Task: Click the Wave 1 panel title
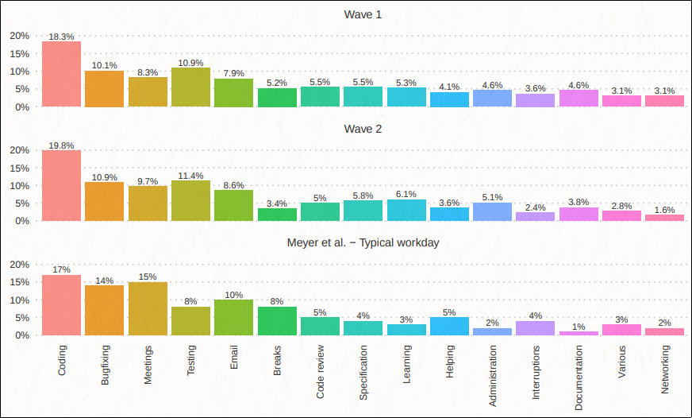point(363,14)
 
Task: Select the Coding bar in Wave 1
point(61,74)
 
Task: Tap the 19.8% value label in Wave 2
point(61,145)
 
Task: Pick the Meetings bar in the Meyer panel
point(148,309)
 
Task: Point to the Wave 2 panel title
point(363,129)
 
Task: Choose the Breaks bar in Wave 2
point(277,215)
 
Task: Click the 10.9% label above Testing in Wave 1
point(190,62)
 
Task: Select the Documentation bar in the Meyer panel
point(579,333)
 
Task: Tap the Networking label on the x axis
point(665,370)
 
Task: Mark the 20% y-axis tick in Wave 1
point(19,36)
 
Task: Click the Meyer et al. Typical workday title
point(363,242)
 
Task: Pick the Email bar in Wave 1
point(233,93)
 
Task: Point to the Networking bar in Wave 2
point(665,218)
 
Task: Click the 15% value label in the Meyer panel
point(148,277)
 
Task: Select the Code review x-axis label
point(321,371)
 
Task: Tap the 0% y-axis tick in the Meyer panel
point(22,335)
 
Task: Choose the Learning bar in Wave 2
point(406,211)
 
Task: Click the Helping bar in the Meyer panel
point(449,327)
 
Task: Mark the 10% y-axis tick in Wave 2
point(19,185)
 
